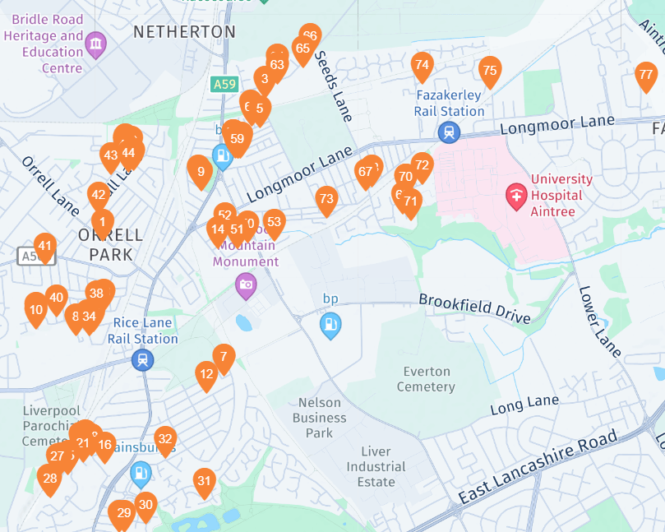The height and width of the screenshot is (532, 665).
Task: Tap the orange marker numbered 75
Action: [489, 72]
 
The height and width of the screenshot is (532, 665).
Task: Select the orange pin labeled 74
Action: [422, 65]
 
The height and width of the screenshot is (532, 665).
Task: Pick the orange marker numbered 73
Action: [326, 199]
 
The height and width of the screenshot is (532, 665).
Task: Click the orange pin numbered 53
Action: [274, 222]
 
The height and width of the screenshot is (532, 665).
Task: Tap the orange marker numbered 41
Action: [44, 246]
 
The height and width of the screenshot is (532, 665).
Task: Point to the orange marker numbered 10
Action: [35, 310]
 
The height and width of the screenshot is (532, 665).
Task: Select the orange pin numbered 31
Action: [204, 481]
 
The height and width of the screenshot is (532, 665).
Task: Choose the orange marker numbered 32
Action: [165, 439]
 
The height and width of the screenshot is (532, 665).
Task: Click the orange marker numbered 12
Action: [206, 374]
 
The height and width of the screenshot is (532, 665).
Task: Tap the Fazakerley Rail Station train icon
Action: [449, 132]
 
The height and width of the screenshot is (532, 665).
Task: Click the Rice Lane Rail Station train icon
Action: [143, 360]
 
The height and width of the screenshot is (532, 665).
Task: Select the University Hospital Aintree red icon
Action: [516, 196]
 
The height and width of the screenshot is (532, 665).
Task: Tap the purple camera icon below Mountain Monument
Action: [245, 286]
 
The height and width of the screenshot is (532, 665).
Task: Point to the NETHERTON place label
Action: [184, 32]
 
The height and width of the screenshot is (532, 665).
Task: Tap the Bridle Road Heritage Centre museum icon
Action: [96, 44]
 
